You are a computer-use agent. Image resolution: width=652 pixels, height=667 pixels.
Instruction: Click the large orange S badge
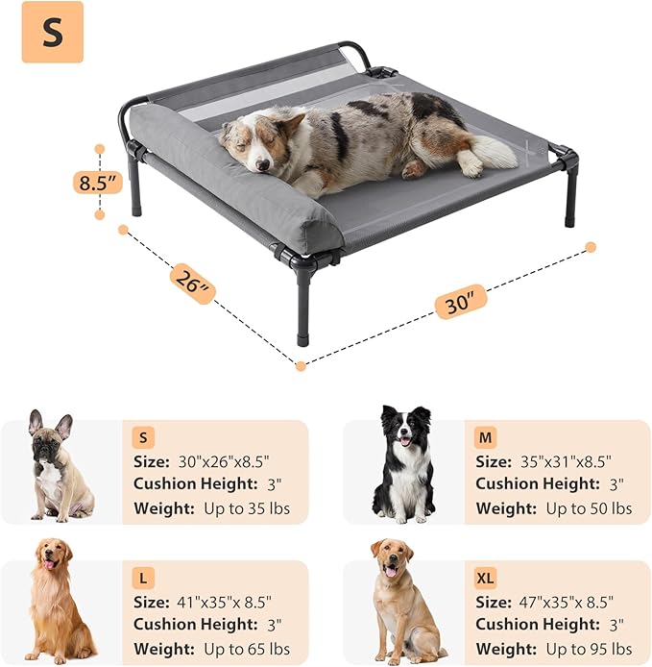click(52, 32)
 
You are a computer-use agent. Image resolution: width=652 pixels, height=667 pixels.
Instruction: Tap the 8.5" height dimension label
click(99, 181)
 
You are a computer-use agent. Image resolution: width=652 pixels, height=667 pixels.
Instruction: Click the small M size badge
click(486, 437)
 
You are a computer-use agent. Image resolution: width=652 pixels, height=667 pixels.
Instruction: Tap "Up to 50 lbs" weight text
click(589, 507)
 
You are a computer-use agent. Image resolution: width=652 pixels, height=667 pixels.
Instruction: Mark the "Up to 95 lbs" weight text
click(589, 648)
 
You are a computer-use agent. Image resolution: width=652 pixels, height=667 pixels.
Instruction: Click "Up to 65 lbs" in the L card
click(247, 648)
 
